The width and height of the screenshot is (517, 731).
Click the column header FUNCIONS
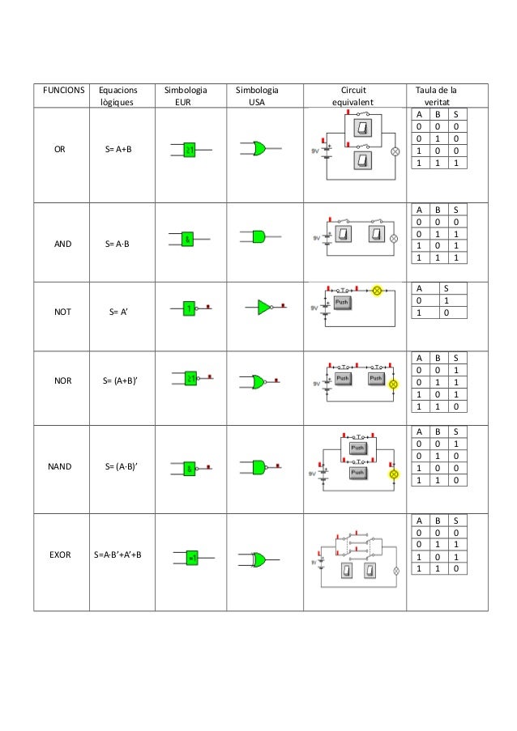coord(60,91)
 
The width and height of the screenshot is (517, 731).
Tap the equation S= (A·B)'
coord(121,466)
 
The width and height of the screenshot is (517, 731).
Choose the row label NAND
coord(59,466)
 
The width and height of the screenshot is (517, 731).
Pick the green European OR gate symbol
coord(190,150)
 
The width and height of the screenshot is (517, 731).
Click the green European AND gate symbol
coord(188,239)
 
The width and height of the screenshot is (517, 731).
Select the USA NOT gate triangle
coord(264,307)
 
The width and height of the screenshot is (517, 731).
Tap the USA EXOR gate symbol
coord(258,559)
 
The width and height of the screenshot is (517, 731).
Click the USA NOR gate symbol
coord(258,380)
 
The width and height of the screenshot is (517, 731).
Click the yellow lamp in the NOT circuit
coord(377,290)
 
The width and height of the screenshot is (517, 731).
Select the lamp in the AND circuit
coord(395,239)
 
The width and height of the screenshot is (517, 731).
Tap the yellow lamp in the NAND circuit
coord(394,473)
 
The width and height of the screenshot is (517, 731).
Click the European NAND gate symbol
coord(189,468)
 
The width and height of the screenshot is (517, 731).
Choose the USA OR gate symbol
coord(259,149)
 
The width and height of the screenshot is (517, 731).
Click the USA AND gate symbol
coord(258,236)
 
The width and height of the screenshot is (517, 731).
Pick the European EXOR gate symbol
coord(193,558)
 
